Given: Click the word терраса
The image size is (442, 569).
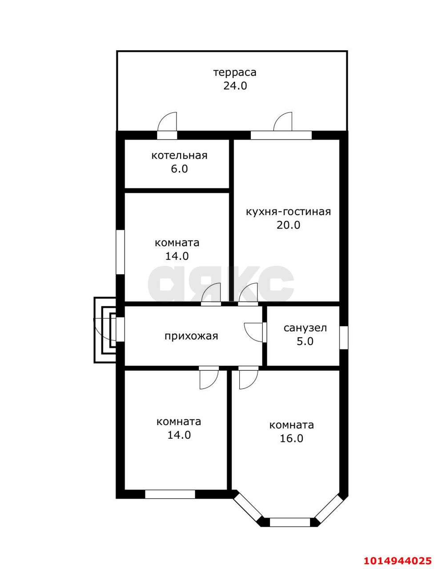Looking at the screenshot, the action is [235, 72].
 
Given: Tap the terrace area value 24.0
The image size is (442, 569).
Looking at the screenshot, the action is [235, 86].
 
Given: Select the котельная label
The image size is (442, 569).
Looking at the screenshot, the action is [179, 156].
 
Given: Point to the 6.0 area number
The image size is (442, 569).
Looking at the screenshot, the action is [179, 169].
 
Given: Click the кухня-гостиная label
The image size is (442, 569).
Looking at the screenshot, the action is [288, 212].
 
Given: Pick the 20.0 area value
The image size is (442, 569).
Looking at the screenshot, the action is [288, 225].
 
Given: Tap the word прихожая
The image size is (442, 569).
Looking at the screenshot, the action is [191, 336].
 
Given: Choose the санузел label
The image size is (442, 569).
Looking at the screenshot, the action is [305, 328].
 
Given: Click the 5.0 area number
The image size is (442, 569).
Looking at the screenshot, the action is [305, 341].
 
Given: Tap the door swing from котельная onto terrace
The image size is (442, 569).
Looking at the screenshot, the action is [168, 121].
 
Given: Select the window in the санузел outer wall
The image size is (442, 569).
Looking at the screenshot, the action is [344, 337].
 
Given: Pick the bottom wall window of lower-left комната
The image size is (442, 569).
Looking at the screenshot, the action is [170, 495].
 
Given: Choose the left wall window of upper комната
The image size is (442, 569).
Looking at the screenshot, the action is [120, 252].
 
